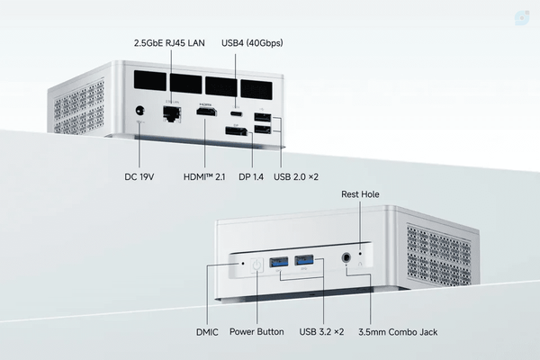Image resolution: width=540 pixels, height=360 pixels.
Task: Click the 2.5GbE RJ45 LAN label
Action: click(x=169, y=43)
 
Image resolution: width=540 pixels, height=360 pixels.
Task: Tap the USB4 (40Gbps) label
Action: click(x=252, y=43)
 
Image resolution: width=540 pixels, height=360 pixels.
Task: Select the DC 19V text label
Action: click(x=139, y=176)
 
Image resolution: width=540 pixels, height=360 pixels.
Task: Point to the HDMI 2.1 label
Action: click(x=204, y=176)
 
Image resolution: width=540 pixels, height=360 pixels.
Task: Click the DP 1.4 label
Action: click(x=251, y=176)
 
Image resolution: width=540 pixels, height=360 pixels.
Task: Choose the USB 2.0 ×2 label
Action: click(x=296, y=176)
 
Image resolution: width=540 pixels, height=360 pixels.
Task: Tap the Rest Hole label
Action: click(x=360, y=194)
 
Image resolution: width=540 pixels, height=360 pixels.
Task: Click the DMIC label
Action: click(x=207, y=332)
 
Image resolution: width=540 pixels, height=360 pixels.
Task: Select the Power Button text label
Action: click(x=256, y=332)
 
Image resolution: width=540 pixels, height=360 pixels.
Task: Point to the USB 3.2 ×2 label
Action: click(x=321, y=332)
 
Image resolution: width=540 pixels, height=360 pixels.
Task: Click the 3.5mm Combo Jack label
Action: click(x=398, y=332)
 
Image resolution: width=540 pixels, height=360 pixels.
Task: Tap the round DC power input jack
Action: click(x=139, y=111)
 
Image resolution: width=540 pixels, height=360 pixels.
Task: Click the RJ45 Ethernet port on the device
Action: click(x=172, y=113)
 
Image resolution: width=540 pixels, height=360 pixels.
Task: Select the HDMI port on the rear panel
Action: click(x=207, y=112)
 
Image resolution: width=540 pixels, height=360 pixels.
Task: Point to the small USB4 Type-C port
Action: click(x=236, y=114)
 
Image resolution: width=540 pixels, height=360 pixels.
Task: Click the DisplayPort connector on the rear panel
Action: click(x=236, y=131)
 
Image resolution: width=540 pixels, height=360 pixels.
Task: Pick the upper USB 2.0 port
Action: click(x=263, y=117)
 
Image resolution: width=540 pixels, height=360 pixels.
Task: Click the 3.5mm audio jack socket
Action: click(x=346, y=257)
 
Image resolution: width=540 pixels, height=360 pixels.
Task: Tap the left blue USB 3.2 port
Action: click(x=279, y=262)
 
